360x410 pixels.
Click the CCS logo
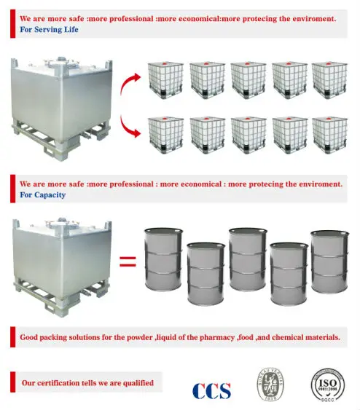211,390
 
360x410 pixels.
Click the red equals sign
127,261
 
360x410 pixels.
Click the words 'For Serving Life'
49,30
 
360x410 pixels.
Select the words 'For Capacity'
43,195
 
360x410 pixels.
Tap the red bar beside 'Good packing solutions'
12,338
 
